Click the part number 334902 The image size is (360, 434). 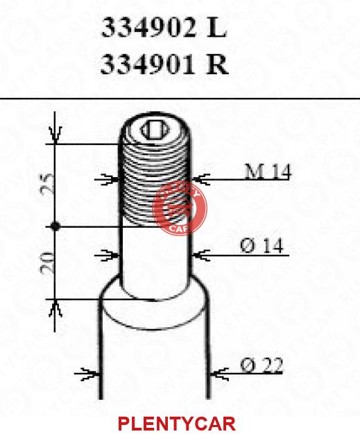pyautogui.click(x=148, y=28)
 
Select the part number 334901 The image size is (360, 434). pyautogui.click(x=148, y=65)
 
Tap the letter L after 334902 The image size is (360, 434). pyautogui.click(x=217, y=28)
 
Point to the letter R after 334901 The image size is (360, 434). pyautogui.click(x=218, y=65)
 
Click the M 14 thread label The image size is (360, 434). pyautogui.click(x=268, y=172)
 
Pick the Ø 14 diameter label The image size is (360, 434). pyautogui.click(x=262, y=246)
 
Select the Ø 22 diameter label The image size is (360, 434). pyautogui.click(x=262, y=365)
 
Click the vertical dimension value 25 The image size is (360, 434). pyautogui.click(x=47, y=184)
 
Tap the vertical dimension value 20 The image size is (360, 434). pyautogui.click(x=47, y=263)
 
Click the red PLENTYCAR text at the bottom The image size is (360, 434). pyautogui.click(x=177, y=424)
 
